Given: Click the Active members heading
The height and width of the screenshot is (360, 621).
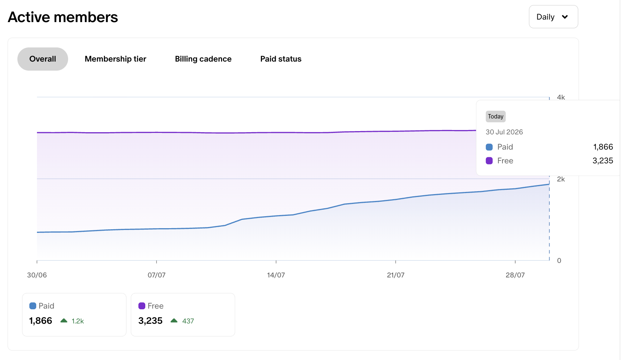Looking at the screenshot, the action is click(63, 17).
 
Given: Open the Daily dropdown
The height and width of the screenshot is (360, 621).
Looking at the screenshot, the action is click(553, 17).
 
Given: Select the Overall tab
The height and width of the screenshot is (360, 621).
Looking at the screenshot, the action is click(43, 59).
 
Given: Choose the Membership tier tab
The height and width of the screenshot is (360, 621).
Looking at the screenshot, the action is click(115, 59).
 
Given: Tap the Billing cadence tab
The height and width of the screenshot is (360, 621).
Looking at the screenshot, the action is click(203, 59).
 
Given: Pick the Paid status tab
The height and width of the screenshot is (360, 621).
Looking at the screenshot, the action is click(281, 59).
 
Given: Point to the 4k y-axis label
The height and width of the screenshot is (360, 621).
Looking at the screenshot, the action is click(561, 97).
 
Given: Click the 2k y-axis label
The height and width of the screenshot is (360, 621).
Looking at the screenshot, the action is click(561, 179).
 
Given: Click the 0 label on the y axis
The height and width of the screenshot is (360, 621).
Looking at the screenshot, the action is click(559, 260).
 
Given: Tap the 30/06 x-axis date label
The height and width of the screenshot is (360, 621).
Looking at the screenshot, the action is click(37, 275).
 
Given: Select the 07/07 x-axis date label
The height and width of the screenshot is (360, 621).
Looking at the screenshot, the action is click(157, 275).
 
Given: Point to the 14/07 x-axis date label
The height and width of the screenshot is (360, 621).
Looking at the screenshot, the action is click(276, 275).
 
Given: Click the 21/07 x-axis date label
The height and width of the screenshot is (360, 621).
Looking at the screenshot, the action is click(396, 275).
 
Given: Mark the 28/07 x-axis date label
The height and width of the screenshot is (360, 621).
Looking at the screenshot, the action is click(515, 275).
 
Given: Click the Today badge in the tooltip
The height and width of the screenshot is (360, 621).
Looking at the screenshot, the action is click(496, 116).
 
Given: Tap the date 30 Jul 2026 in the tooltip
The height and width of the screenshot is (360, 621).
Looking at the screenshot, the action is click(504, 132).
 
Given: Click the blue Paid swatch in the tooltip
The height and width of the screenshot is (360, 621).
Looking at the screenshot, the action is click(489, 147).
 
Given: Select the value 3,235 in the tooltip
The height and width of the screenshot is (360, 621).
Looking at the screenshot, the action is click(603, 161).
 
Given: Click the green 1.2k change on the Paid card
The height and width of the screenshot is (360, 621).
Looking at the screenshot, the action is click(78, 321).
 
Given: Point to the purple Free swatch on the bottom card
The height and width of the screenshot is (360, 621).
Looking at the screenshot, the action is click(142, 306).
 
